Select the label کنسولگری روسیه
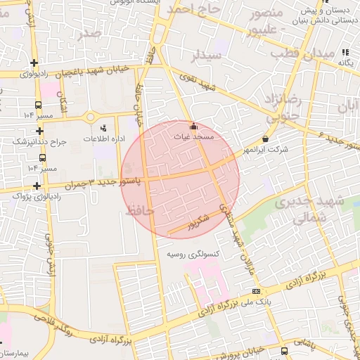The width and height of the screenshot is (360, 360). click(191, 253)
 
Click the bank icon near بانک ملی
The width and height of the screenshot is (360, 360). click(257, 291)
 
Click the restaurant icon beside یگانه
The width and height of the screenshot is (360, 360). click(345, 52)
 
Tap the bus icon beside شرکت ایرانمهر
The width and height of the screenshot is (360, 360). click(265, 139)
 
